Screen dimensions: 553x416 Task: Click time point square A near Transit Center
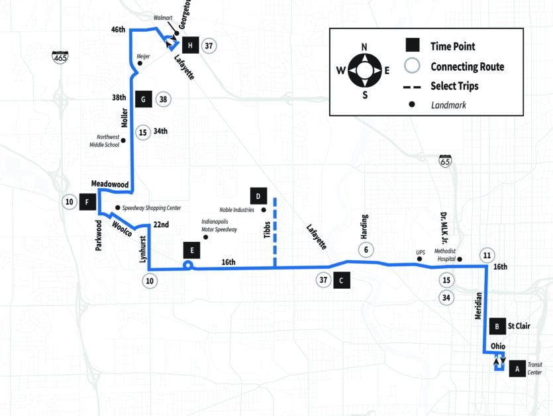[x=517, y=369]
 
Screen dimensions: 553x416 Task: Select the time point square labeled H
[x=191, y=45]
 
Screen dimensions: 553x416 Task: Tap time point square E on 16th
[x=192, y=250]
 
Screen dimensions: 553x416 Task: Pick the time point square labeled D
[x=258, y=196]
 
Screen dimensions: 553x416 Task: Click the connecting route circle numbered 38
[x=163, y=99]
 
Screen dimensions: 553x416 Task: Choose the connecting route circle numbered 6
[x=366, y=250]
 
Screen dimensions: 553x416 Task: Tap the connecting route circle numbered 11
[x=487, y=255]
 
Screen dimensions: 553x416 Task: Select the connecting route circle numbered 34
[x=446, y=297]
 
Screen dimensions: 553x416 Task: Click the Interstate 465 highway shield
[x=60, y=57]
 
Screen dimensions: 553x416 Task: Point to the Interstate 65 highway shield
[x=445, y=161]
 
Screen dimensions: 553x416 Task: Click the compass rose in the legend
[x=365, y=71]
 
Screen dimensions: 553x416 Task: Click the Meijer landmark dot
[x=140, y=63]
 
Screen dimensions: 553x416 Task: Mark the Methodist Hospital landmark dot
[x=460, y=260]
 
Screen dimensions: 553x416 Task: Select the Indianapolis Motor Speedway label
[x=219, y=225]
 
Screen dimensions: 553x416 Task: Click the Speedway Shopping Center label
[x=152, y=208]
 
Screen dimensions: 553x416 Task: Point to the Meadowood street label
[x=110, y=184]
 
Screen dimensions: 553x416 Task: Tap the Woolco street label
[x=122, y=229]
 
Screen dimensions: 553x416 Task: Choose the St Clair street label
[x=519, y=326]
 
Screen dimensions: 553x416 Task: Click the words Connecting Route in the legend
[x=468, y=66]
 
